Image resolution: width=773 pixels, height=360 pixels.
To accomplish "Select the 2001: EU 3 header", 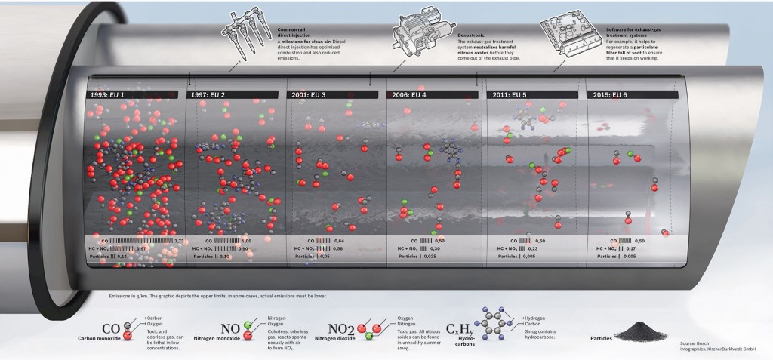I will (307, 95).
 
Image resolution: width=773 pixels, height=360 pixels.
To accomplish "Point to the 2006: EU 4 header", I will (410, 95).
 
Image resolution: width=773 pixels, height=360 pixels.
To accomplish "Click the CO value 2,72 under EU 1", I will (179, 240).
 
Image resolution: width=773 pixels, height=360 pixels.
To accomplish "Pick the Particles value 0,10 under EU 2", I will (224, 257).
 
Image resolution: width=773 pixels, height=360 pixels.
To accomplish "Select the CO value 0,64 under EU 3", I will (339, 240).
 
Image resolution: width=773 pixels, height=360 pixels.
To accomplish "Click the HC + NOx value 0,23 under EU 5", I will (532, 248).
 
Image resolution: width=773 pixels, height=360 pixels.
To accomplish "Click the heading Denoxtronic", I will (474, 35).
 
